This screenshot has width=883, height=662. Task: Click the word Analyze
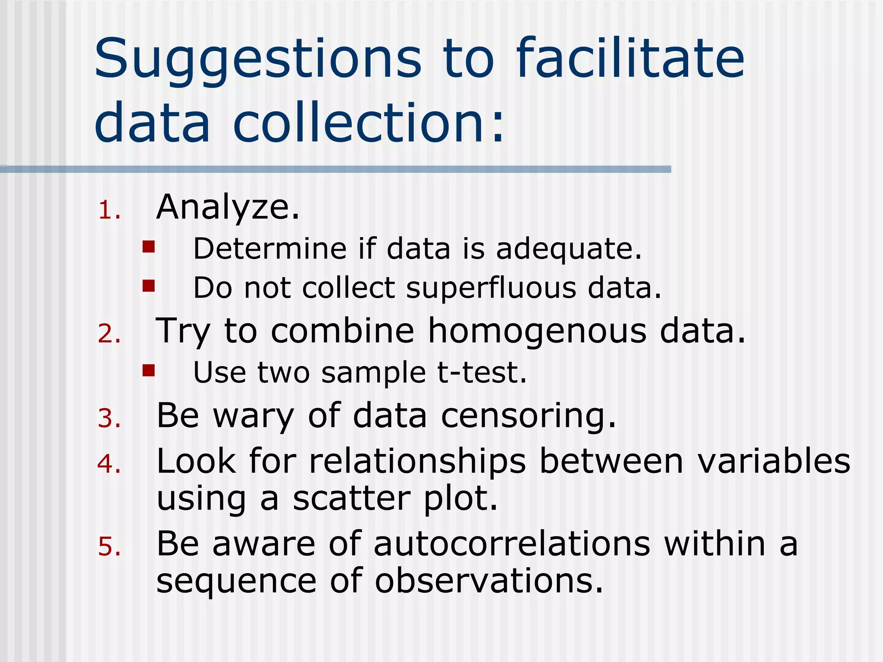point(227,208)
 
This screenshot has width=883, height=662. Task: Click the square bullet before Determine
point(149,247)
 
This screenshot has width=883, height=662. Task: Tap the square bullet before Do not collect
point(149,286)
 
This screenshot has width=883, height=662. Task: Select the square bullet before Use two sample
point(149,370)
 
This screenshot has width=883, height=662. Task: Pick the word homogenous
point(537,331)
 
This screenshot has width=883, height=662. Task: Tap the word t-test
point(482,372)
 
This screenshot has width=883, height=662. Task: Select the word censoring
point(529,416)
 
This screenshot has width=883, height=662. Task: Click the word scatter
point(352,499)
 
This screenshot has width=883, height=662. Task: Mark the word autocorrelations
point(511,544)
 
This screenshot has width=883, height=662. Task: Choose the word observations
point(488,581)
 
